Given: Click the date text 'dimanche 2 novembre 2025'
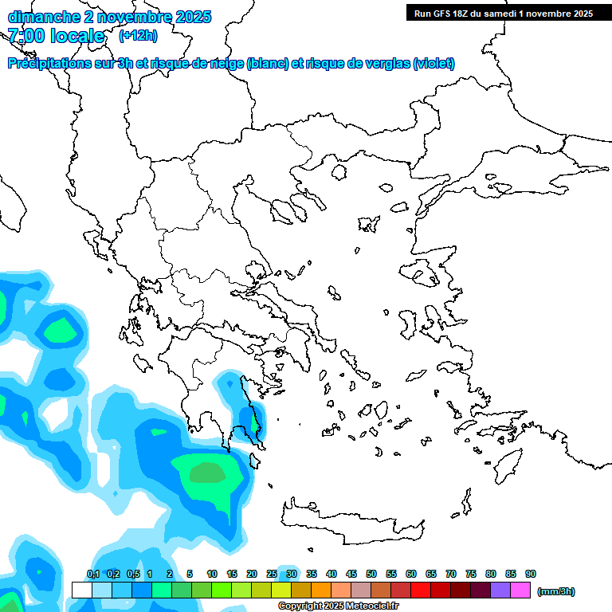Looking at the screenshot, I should tap(109, 17).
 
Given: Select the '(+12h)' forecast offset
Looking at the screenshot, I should tap(138, 36).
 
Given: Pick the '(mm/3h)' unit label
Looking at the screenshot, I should tap(556, 591).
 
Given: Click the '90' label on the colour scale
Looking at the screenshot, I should tap(531, 574).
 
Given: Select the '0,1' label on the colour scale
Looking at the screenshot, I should tap(92, 574).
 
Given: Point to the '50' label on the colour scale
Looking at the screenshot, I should tap(371, 574).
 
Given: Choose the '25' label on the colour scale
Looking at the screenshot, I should tap(272, 574).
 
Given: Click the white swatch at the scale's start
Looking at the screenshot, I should tap(81, 590).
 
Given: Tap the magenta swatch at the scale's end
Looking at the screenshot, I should tap(520, 590).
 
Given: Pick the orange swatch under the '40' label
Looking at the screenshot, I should tap(321, 590).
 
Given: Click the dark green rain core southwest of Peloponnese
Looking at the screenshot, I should tap(209, 473).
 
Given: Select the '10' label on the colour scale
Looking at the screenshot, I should tap(212, 574).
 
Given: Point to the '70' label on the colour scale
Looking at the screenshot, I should tap(451, 574).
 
